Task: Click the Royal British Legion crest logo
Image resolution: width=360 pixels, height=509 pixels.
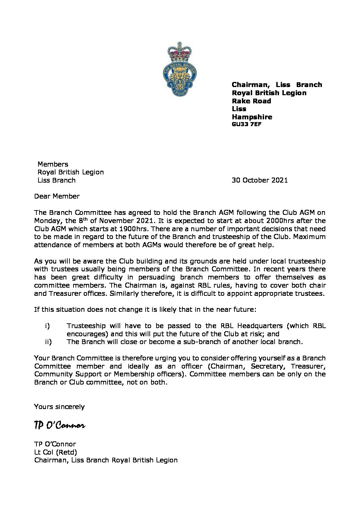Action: pyautogui.click(x=180, y=70)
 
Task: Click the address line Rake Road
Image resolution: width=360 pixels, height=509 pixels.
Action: pyautogui.click(x=251, y=101)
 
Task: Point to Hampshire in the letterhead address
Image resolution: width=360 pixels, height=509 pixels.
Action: pyautogui.click(x=252, y=117)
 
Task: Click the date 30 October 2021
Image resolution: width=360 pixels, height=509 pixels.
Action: pyautogui.click(x=260, y=180)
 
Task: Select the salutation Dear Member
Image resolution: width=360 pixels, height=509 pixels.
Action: pyautogui.click(x=57, y=196)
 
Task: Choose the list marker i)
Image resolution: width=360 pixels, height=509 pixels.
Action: pyautogui.click(x=47, y=326)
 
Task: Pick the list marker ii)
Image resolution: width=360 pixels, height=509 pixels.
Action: pyautogui.click(x=48, y=342)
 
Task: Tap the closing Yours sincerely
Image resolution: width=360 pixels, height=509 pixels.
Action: pyautogui.click(x=59, y=407)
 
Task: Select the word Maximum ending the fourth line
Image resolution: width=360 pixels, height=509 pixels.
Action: pyautogui.click(x=309, y=237)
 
